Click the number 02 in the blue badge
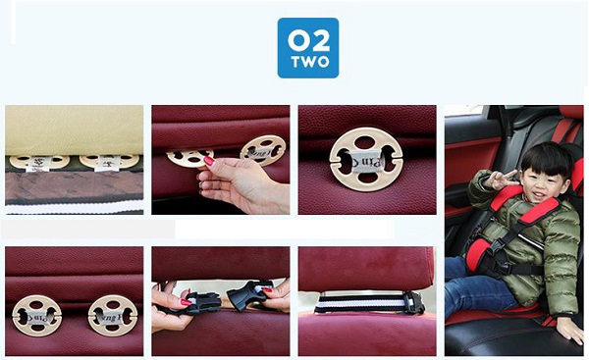pyautogui.click(x=309, y=41)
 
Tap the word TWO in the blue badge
pyautogui.click(x=310, y=62)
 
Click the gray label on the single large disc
pyautogui.click(x=366, y=161)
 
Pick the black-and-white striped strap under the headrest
pyautogui.click(x=361, y=304)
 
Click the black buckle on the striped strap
pyautogui.click(x=414, y=303)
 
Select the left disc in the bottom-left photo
pyautogui.click(x=37, y=316)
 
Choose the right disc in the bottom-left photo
pyautogui.click(x=113, y=315)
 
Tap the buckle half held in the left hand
pyautogui.click(x=203, y=302)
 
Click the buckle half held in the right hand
pyautogui.click(x=248, y=294)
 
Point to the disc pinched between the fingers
pyautogui.click(x=189, y=157)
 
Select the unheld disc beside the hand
pyautogui.click(x=263, y=150)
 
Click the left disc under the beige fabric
pyautogui.click(x=39, y=162)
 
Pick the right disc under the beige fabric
pyautogui.click(x=109, y=161)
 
